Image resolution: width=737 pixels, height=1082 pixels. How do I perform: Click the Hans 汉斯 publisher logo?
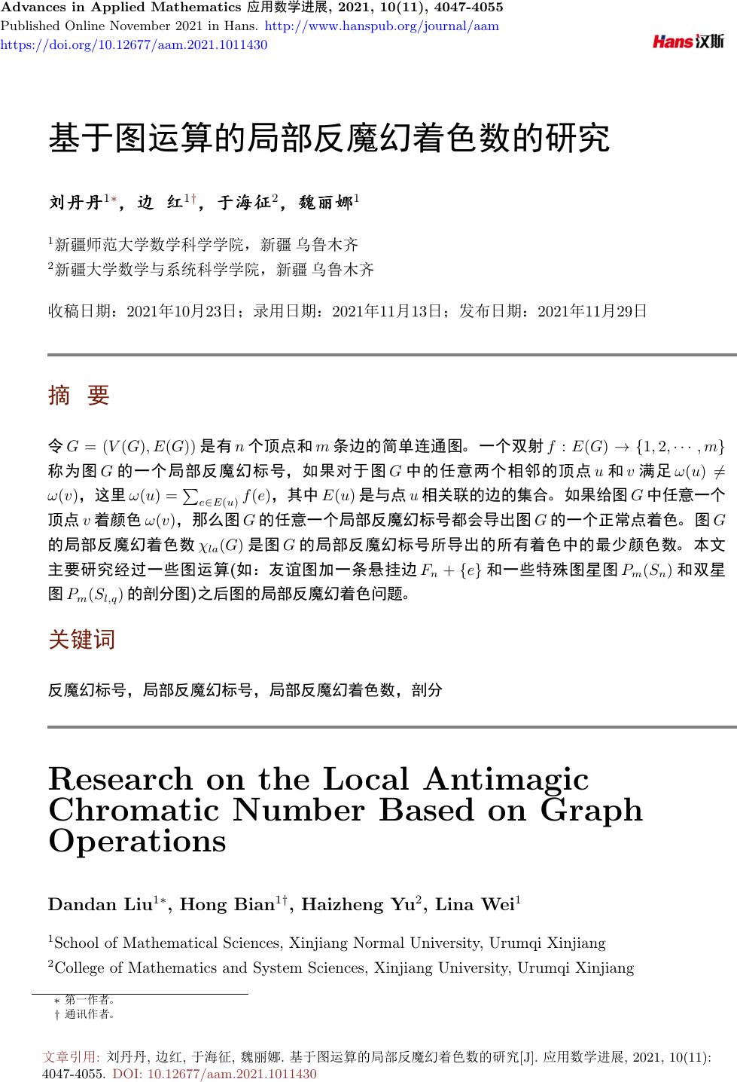tap(688, 41)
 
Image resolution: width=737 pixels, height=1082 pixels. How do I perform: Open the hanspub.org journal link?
tap(383, 26)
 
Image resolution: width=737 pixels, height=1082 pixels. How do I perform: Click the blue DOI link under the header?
tap(134, 44)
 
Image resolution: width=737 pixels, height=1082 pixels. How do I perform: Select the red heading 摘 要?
tap(78, 395)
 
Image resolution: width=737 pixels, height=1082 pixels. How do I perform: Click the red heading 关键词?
tap(81, 640)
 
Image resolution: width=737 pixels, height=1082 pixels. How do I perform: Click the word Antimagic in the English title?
tap(507, 780)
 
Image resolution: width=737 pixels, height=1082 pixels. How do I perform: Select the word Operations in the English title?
tap(137, 841)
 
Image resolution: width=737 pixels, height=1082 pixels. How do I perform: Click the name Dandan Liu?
tap(100, 904)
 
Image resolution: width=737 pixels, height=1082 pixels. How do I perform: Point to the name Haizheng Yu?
tap(358, 904)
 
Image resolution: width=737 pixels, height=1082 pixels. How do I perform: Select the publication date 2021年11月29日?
tap(593, 310)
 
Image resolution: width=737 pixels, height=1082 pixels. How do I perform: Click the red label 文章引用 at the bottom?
tap(73, 1057)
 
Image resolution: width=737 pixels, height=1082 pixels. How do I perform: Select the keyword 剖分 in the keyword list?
tap(427, 689)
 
